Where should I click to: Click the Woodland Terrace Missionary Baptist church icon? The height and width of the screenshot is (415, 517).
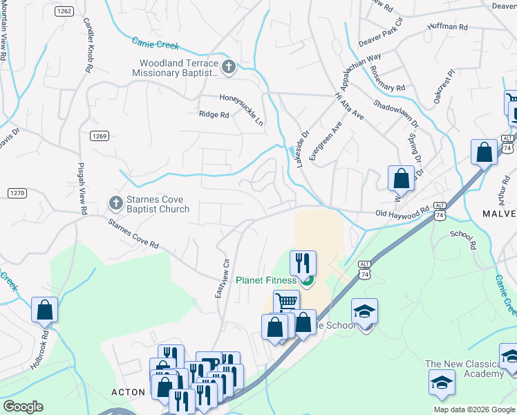coord(229,67)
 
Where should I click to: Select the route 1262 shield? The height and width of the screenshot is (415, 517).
coord(65,11)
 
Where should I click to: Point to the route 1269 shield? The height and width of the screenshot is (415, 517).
coord(99,136)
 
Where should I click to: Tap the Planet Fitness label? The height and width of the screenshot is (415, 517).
coord(265,280)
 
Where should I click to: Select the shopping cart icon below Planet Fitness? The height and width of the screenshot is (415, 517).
coord(286,302)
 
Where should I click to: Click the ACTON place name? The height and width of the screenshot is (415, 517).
coord(129,392)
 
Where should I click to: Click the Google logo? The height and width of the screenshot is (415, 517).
coord(23,407)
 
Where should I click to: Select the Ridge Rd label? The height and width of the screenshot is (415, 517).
coord(214,115)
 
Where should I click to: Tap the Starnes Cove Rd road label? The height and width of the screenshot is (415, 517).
coord(133,234)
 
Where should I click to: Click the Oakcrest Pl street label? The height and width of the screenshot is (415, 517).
coord(445,86)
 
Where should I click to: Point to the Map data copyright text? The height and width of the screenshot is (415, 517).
coord(474,409)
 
